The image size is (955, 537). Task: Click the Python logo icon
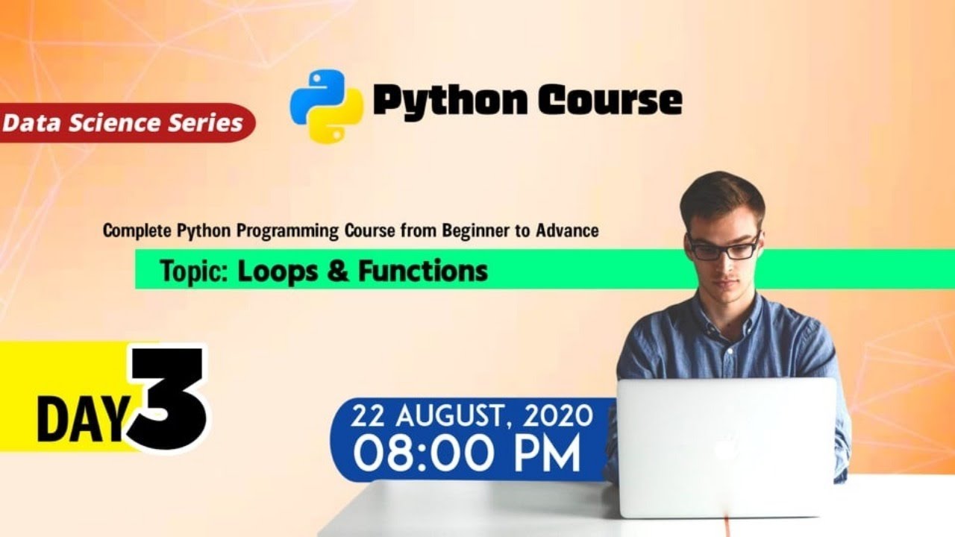pyautogui.click(x=326, y=105)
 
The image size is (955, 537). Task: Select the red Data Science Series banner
pyautogui.click(x=123, y=122)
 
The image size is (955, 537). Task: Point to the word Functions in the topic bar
pyautogui.click(x=423, y=271)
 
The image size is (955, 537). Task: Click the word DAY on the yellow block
pyautogui.click(x=81, y=421)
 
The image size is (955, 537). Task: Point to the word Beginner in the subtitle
pyautogui.click(x=475, y=230)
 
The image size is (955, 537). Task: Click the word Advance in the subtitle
pyautogui.click(x=567, y=230)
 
